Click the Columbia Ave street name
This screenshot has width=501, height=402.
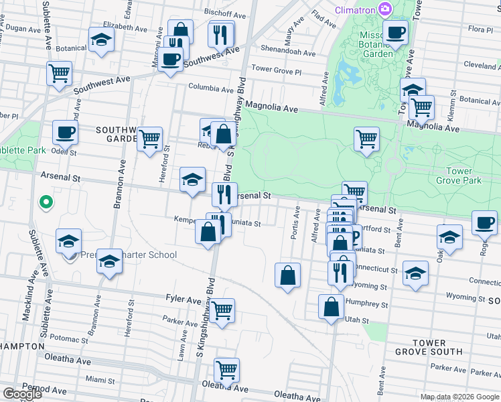(x=212, y=87)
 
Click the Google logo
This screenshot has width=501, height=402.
(x=22, y=394)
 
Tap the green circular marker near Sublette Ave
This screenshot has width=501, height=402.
(x=46, y=200)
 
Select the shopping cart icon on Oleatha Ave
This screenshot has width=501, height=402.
(x=227, y=369)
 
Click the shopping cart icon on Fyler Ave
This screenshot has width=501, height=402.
(x=222, y=310)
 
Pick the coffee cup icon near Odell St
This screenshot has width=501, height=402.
(x=65, y=132)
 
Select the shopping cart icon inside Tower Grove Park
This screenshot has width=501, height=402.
(x=366, y=139)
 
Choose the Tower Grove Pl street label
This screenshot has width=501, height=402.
(x=277, y=70)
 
